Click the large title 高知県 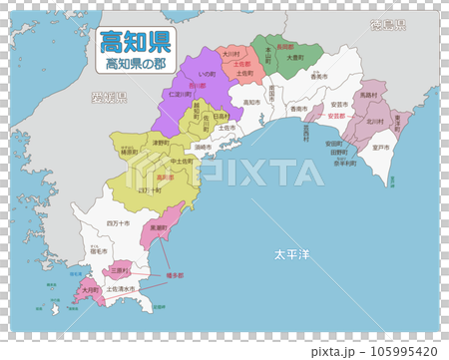point(133,42)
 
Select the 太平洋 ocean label point(291,255)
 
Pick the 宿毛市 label point(97,252)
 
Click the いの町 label point(207,73)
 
